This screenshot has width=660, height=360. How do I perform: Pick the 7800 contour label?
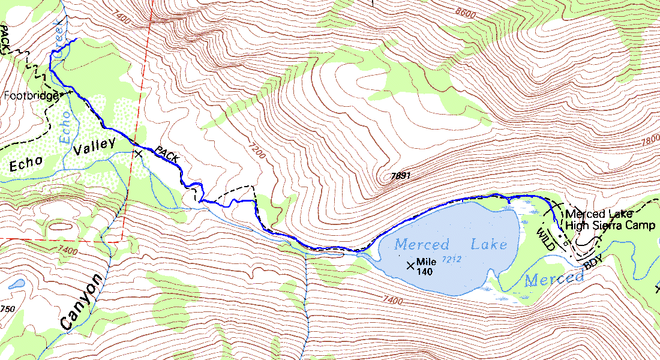(650, 140)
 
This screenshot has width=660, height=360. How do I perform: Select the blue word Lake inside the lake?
(488, 244)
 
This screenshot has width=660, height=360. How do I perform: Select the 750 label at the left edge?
(7, 309)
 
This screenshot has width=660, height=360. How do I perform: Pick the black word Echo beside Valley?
(25, 164)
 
